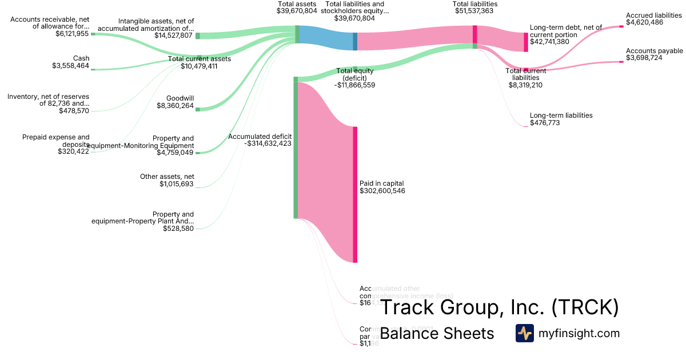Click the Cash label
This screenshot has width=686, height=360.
click(81, 58)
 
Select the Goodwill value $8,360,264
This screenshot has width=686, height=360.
click(176, 106)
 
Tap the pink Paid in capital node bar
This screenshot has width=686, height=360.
click(355, 194)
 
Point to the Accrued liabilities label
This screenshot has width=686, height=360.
click(654, 15)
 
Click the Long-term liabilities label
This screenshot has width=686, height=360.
click(561, 115)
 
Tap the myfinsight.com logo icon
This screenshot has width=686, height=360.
click(524, 333)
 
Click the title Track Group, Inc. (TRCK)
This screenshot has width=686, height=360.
click(500, 307)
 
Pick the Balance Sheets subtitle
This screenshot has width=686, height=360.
click(437, 333)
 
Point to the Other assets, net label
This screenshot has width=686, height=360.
click(167, 177)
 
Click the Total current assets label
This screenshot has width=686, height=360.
click(200, 59)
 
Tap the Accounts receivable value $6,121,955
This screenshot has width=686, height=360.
click(72, 34)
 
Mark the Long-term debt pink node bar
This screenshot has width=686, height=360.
click(526, 42)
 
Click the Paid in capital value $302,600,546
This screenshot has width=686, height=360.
click(382, 191)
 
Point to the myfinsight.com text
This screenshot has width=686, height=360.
click(579, 333)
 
